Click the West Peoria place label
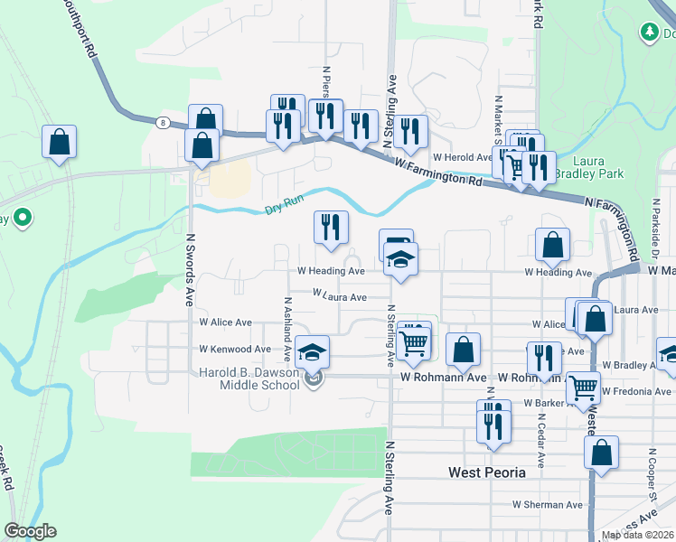click(x=486, y=472)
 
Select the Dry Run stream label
click(x=284, y=206)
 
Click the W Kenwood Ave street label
click(x=235, y=349)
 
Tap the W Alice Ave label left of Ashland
click(x=225, y=322)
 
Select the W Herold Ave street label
click(x=461, y=156)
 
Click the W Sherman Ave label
click(x=543, y=505)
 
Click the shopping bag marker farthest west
click(x=59, y=142)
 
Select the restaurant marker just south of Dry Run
click(x=332, y=228)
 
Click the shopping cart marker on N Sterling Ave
click(x=413, y=341)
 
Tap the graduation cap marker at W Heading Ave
click(x=399, y=260)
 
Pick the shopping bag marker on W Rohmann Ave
click(x=463, y=350)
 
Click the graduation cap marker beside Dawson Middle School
click(x=313, y=352)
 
